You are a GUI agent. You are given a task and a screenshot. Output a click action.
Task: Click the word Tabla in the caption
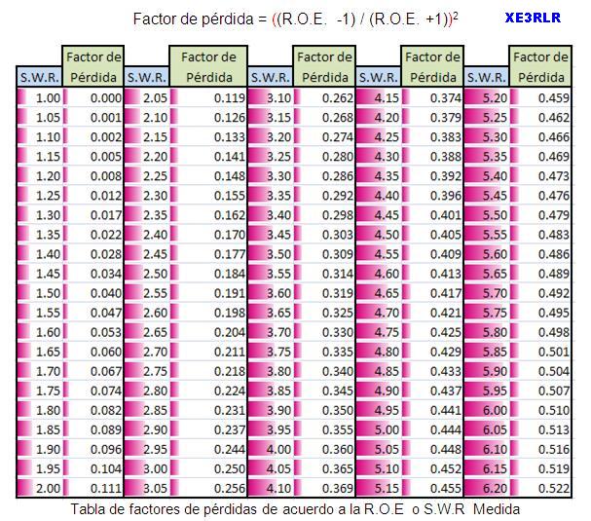[x=91, y=509]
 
